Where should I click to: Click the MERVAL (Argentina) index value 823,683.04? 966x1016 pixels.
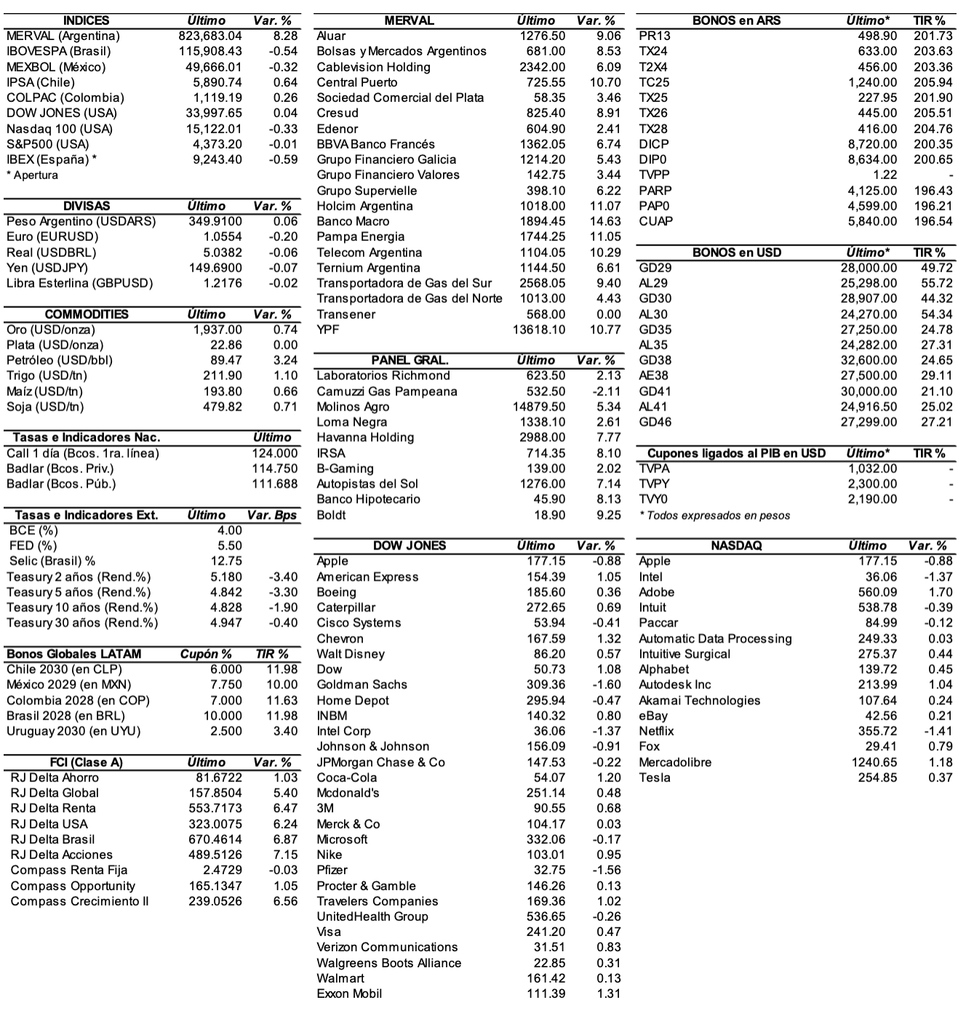pos(210,36)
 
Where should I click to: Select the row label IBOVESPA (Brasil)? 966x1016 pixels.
pos(59,51)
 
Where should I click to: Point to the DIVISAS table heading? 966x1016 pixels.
pos(87,206)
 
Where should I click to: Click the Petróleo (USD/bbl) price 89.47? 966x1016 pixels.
pos(226,360)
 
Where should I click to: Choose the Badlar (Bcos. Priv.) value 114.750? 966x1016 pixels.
pos(274,469)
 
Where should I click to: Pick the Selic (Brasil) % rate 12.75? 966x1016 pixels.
pos(226,561)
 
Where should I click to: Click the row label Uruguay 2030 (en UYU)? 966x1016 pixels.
pos(73,731)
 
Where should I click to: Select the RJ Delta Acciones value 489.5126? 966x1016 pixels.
pos(215,854)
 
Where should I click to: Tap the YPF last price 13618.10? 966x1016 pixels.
pos(539,330)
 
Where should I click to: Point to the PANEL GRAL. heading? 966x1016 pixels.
pos(410,360)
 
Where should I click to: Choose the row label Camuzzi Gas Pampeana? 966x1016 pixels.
pos(387,392)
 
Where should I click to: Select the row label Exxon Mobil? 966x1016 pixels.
pos(349,993)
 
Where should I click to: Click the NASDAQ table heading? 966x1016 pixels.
pos(736,546)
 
